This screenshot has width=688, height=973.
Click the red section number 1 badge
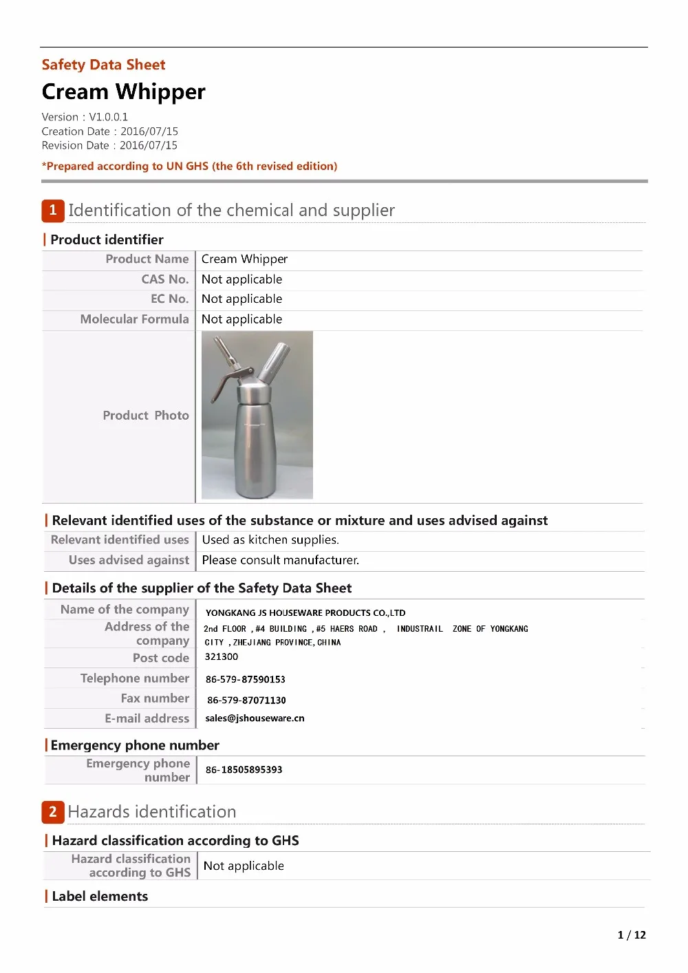53,211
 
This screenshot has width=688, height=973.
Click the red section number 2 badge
53,812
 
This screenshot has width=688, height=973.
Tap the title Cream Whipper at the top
124,92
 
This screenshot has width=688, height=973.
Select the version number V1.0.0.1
109,117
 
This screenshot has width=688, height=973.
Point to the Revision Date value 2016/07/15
149,145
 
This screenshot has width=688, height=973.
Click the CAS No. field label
165,279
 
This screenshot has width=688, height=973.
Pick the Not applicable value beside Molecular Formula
242,319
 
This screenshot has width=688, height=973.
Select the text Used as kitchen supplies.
270,540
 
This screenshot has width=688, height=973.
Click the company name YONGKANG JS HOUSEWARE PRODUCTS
305,612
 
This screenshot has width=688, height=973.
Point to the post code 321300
222,657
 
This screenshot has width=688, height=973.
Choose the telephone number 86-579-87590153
246,679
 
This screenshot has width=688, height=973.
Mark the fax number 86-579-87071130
246,700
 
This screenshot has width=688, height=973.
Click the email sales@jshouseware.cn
255,718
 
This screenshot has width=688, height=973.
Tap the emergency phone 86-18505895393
244,770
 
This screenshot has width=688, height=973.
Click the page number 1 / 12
632,934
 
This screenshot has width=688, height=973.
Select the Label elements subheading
100,896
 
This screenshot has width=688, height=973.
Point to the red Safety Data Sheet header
104,65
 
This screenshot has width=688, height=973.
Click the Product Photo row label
146,416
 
